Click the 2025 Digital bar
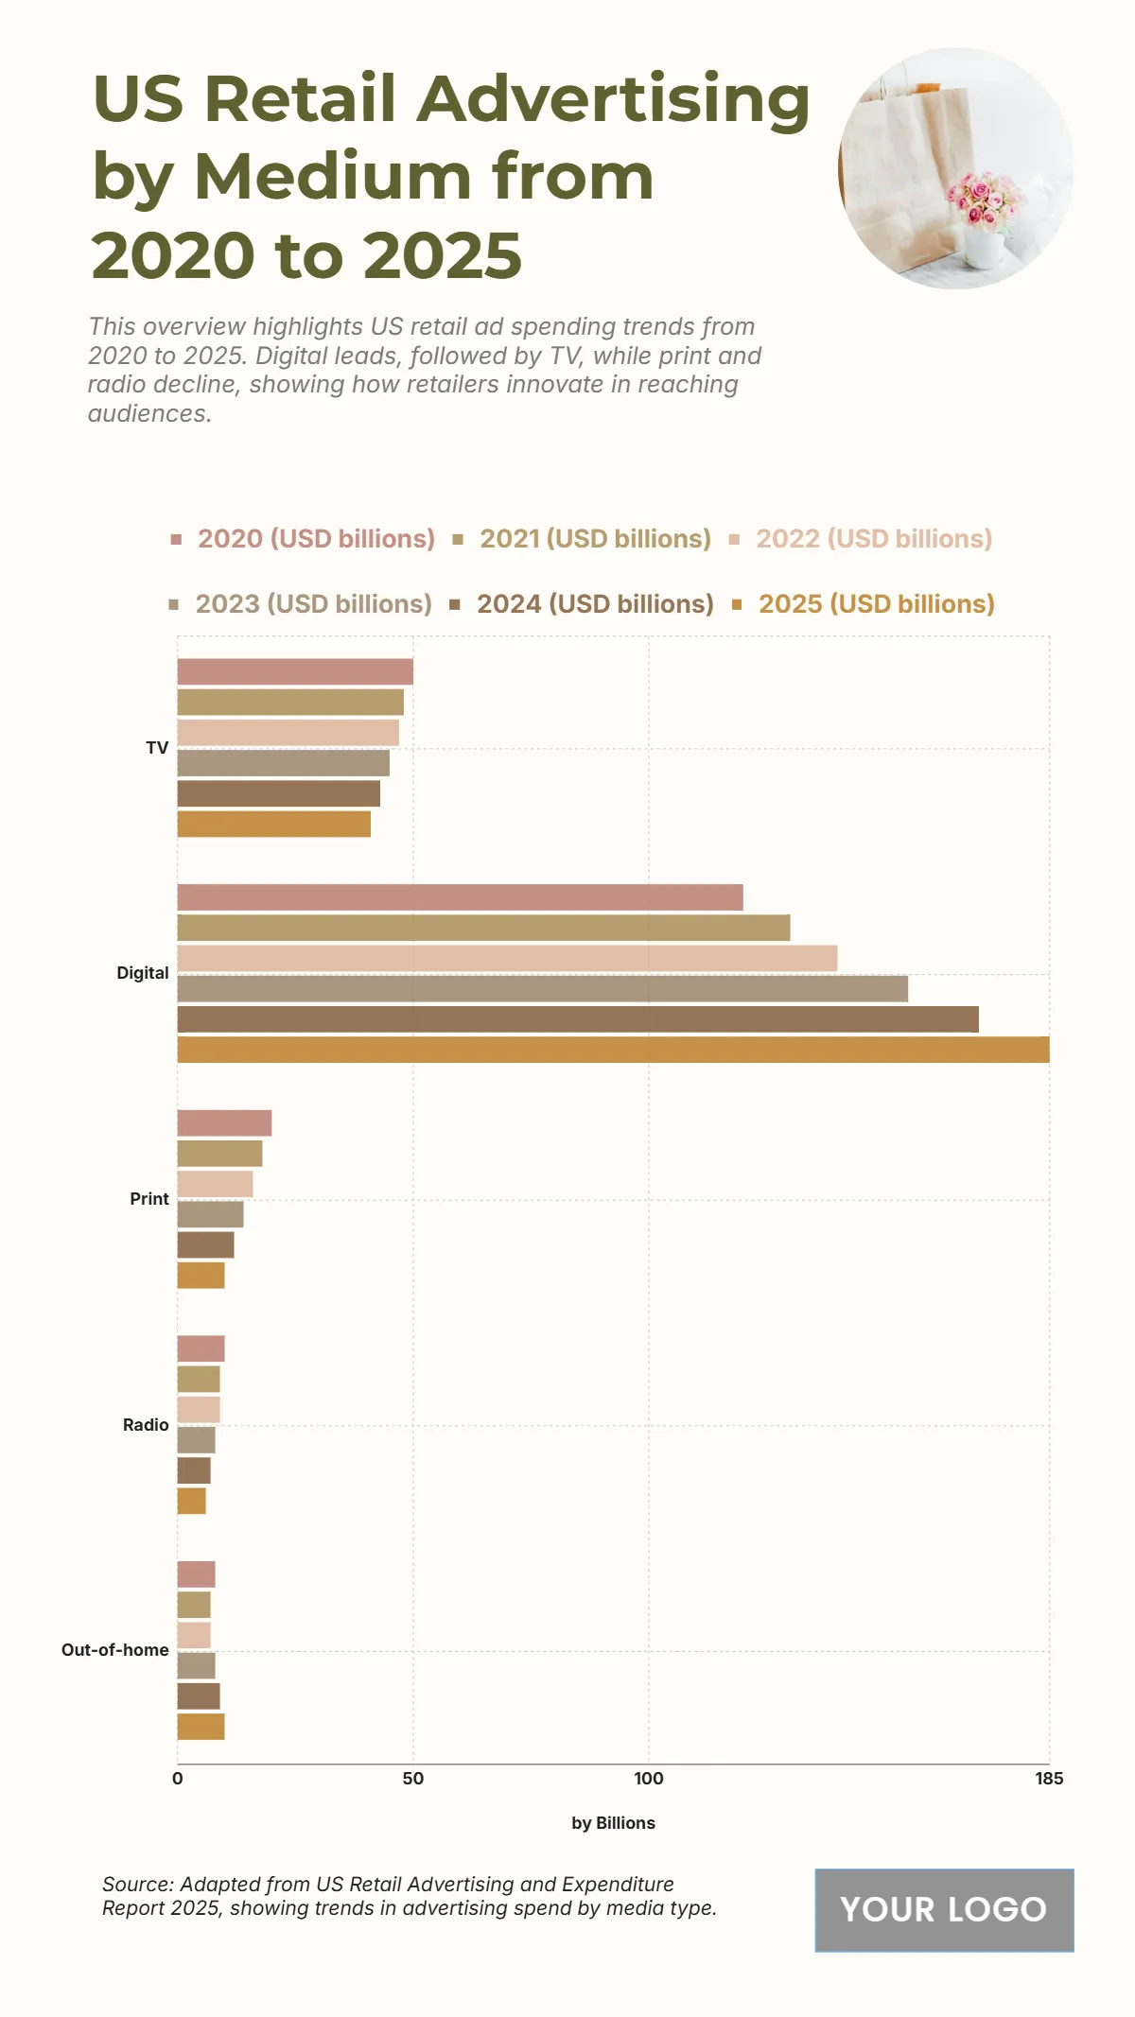[x=613, y=1050]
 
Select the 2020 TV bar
[x=295, y=671]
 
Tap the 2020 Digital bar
[x=460, y=897]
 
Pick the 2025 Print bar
[x=201, y=1276]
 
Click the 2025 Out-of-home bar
[x=201, y=1727]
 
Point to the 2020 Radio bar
[x=201, y=1348]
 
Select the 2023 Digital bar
[x=542, y=989]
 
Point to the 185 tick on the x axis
[x=1049, y=1779]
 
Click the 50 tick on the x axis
[x=413, y=1779]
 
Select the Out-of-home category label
[x=115, y=1650]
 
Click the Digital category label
[x=143, y=973]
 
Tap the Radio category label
[x=146, y=1425]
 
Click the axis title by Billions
[x=613, y=1823]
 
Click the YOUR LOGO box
[x=944, y=1910]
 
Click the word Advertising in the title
[x=614, y=98]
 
